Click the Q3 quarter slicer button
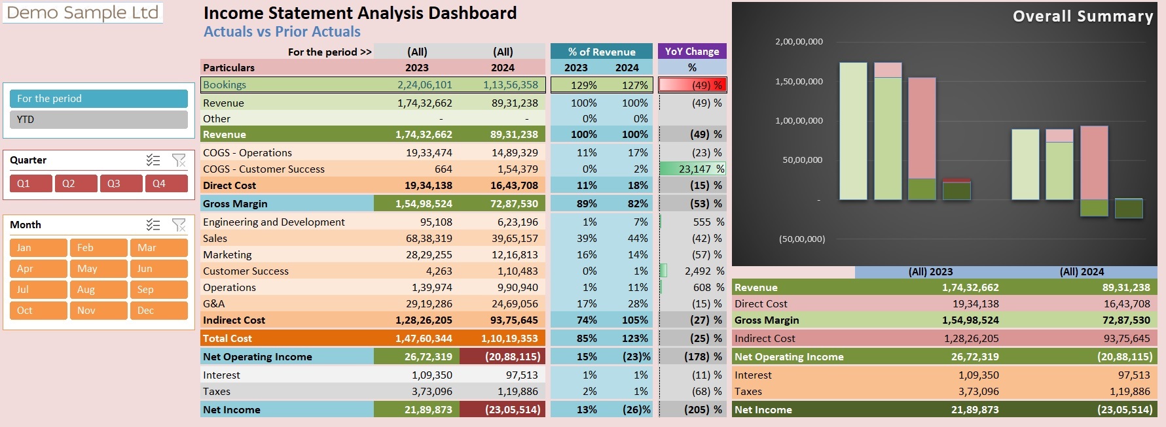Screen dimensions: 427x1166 coord(120,184)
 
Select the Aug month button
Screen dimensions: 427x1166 coord(98,290)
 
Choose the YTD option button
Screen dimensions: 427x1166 coord(98,120)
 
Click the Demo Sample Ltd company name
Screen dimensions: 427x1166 coord(82,12)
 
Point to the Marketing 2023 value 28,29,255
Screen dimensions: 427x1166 coord(429,255)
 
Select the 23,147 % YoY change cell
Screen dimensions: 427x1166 coord(692,169)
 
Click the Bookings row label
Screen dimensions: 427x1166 coord(225,85)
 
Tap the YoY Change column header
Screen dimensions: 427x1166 coord(692,52)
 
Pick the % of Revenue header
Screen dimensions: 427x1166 coord(602,52)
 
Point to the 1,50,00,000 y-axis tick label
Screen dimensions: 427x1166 coord(799,82)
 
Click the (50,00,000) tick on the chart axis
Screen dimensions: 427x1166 coord(801,239)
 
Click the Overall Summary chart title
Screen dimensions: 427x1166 coord(1082,16)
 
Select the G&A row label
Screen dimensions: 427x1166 coord(213,304)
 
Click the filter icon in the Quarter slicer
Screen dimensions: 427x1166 coord(179,160)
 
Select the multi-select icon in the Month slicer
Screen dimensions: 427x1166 coord(153,225)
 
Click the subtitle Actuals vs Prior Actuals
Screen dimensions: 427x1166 coord(282,32)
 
